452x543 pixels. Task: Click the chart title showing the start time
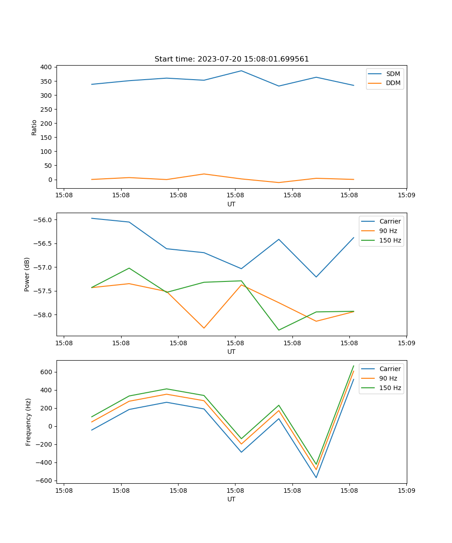231,59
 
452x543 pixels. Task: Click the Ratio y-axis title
34,127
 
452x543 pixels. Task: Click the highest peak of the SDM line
241,71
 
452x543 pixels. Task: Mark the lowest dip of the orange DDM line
278,183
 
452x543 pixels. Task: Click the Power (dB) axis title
27,274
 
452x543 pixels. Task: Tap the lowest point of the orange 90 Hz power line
204,328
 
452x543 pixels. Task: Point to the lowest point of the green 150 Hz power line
278,330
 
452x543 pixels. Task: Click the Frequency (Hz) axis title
28,422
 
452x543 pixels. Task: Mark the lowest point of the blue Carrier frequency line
316,477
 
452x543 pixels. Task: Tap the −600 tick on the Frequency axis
45,481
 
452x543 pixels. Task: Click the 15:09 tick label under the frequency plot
406,490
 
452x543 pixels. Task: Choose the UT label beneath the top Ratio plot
231,204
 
